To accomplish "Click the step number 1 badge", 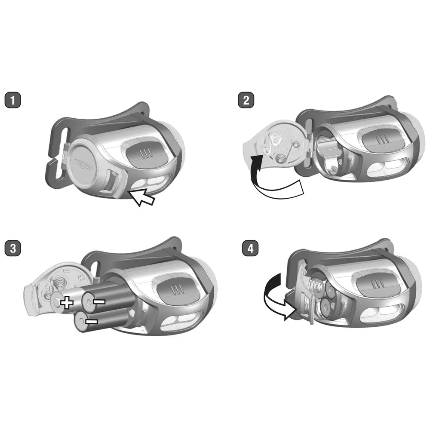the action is tap(12, 100).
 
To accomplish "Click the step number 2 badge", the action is tap(246, 100).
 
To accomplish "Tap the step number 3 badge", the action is tap(12, 249).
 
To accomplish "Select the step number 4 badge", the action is tap(250, 249).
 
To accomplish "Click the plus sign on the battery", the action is tap(67, 303).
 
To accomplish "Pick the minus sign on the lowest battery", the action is tap(92, 321).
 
